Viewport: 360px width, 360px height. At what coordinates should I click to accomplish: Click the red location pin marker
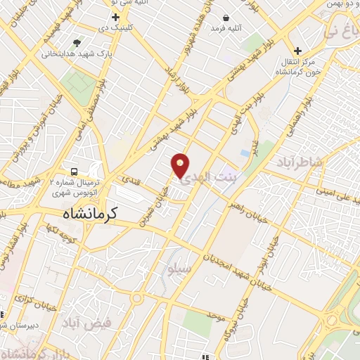pyautogui.click(x=181, y=165)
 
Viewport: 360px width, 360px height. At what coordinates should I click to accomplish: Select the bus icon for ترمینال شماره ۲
pyautogui.click(x=74, y=171)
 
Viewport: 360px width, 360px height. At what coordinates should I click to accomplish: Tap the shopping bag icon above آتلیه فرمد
pyautogui.click(x=226, y=18)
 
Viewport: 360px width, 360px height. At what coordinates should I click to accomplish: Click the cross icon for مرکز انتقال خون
pyautogui.click(x=299, y=51)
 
